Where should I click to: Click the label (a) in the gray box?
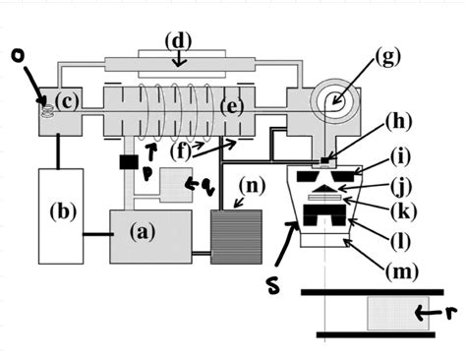click(x=144, y=233)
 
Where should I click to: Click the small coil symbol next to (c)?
click(x=44, y=98)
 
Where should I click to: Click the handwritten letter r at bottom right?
click(x=453, y=314)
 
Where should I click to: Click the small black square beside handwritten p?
click(x=126, y=161)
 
